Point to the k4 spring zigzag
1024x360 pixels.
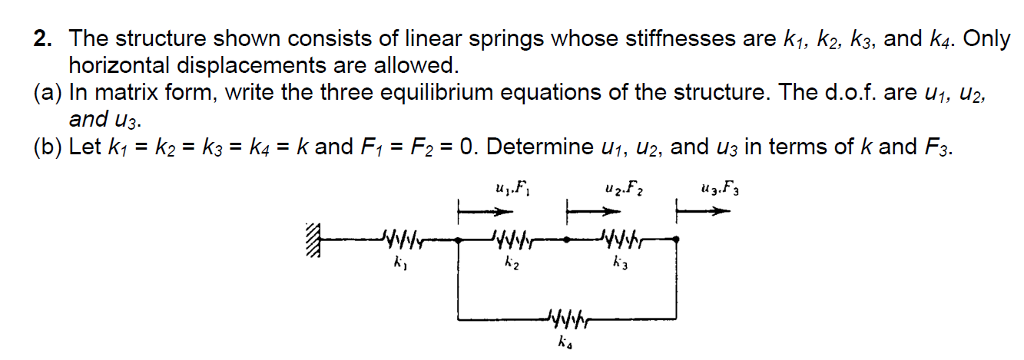[568, 321]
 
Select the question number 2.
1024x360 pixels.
[40, 40]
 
